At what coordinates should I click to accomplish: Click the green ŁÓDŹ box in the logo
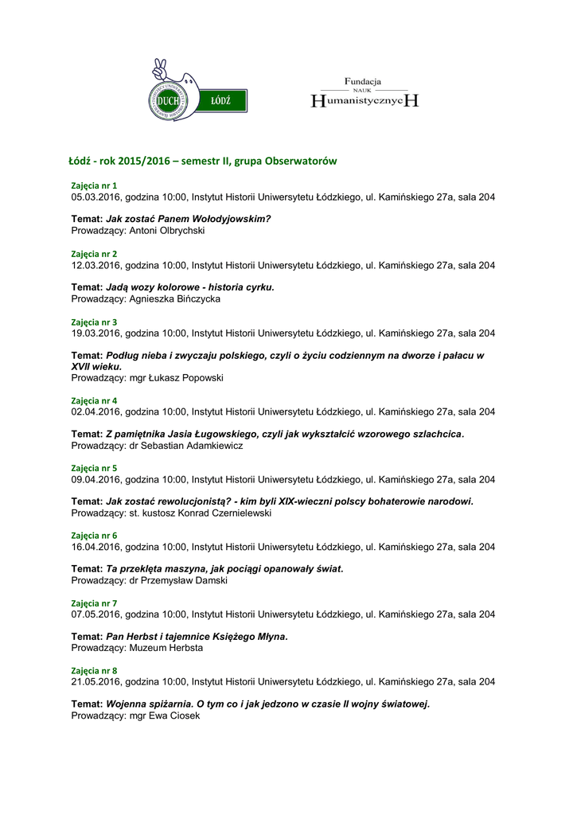coord(220,101)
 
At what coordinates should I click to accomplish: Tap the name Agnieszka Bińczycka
coord(174,299)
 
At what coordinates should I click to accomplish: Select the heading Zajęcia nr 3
coord(94,322)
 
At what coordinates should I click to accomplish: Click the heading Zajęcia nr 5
coord(94,469)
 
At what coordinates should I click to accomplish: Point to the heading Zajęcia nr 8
coord(94,671)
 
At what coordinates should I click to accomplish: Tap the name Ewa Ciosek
coord(175,716)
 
